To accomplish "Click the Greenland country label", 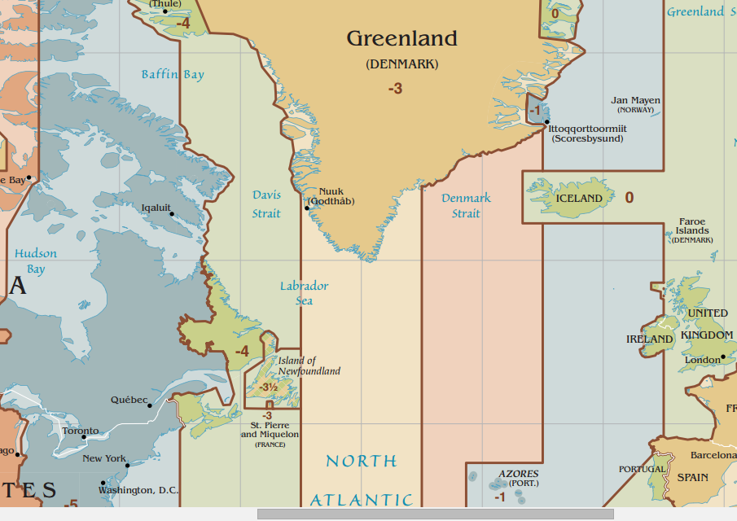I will [x=401, y=38].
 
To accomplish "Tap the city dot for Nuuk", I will [x=307, y=208].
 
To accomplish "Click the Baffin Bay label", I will [x=173, y=75].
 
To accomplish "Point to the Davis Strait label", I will [x=266, y=204].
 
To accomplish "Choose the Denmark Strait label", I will [x=466, y=205].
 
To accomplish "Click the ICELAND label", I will [x=579, y=199].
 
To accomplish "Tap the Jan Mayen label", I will [x=636, y=101].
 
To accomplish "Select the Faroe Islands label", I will [x=692, y=226].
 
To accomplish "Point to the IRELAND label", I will [x=649, y=339].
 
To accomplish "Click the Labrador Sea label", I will [x=304, y=293].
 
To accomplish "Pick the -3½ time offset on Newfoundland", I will [x=269, y=387].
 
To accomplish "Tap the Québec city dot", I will [x=151, y=405].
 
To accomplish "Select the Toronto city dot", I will [x=84, y=437].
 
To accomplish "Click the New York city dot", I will [x=128, y=465].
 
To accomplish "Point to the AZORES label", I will [x=518, y=474].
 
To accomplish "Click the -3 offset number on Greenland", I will [x=395, y=89].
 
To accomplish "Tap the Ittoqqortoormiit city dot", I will [x=546, y=122].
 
